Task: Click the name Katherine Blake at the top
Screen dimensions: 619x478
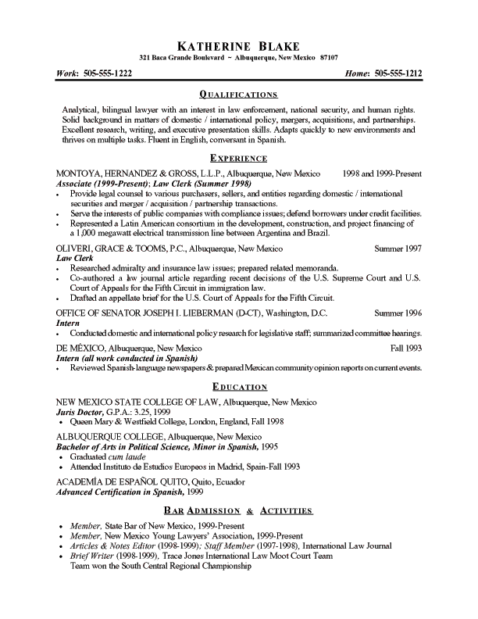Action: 239,43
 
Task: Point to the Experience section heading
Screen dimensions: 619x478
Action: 239,158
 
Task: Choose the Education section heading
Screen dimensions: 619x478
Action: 239,387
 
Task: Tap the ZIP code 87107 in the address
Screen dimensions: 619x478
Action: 329,58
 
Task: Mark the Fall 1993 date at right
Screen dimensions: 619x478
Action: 405,345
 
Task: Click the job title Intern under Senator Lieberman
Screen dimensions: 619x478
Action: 70,322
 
